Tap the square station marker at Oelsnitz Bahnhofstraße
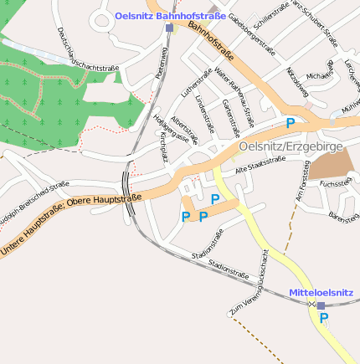(x=169, y=28)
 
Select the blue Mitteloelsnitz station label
(x=321, y=293)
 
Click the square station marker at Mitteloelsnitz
(x=321, y=305)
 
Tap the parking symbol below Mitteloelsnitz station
(x=324, y=318)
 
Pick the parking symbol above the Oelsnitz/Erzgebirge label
(x=291, y=123)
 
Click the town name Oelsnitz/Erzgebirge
(x=291, y=147)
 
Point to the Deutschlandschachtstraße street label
(x=88, y=51)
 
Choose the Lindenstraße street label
(x=205, y=114)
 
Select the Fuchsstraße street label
(x=335, y=182)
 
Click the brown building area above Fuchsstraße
(x=331, y=163)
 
